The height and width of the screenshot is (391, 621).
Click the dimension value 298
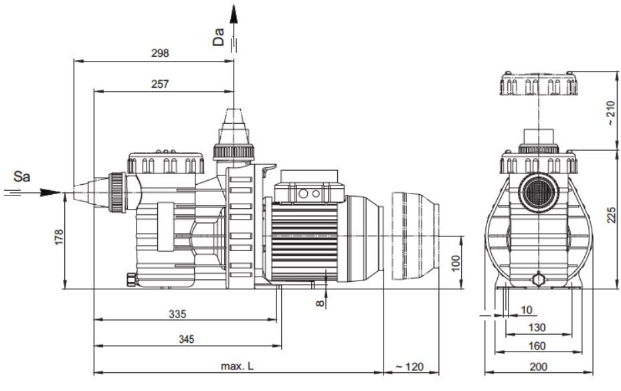(x=160, y=53)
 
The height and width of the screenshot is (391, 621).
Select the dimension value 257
(x=160, y=84)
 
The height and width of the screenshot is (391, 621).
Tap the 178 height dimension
(x=59, y=237)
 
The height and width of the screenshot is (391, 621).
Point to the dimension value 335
(x=177, y=314)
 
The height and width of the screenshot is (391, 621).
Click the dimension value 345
(x=187, y=339)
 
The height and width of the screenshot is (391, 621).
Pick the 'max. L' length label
(x=237, y=366)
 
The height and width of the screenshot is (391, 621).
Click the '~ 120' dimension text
(x=410, y=367)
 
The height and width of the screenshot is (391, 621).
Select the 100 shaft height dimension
(x=456, y=263)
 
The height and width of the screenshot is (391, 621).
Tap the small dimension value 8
(x=320, y=303)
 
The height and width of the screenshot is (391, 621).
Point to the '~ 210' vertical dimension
(x=612, y=113)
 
